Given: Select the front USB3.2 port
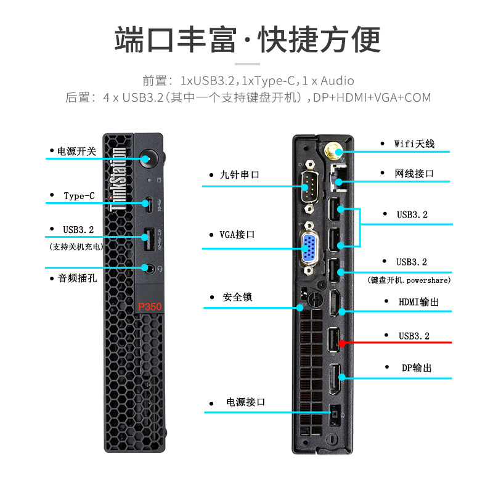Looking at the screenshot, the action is [x=147, y=236].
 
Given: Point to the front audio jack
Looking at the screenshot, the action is [x=147, y=268].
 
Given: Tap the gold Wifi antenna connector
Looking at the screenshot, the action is [x=332, y=150].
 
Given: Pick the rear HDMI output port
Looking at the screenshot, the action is [x=334, y=303].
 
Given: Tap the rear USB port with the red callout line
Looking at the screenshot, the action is [x=333, y=341].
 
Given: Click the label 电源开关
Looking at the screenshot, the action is [x=76, y=151].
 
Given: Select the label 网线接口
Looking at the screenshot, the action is [x=414, y=174].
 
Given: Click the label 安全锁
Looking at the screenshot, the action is [x=237, y=297].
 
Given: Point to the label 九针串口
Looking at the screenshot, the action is [x=240, y=175].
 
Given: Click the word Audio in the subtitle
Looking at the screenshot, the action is [x=337, y=81].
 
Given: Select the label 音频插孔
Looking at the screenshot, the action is [x=77, y=279].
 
